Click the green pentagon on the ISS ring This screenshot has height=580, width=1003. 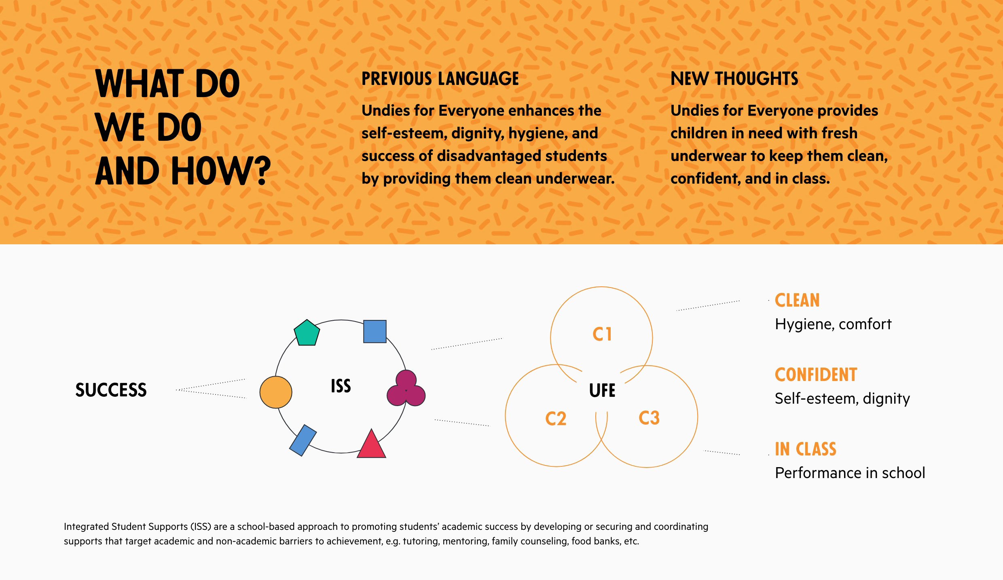307,333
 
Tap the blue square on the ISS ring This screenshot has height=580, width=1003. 375,332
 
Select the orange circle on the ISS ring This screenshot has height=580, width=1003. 276,392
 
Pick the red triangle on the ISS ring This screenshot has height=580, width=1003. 371,444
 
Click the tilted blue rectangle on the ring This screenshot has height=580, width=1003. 303,440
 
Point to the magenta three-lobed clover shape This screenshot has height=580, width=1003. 406,388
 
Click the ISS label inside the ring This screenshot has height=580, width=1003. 341,386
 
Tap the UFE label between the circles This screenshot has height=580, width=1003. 602,391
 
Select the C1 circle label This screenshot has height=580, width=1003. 602,334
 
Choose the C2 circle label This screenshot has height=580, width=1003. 556,419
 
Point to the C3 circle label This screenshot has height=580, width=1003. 649,418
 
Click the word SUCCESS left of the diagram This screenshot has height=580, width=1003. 111,390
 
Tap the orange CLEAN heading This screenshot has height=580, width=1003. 797,301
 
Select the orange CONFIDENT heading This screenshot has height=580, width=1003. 816,375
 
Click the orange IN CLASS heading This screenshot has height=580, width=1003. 805,449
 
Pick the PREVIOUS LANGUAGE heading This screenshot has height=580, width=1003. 440,78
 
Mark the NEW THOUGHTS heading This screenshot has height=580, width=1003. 734,78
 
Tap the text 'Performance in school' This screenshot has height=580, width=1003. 850,473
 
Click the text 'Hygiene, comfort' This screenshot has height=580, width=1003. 833,324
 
